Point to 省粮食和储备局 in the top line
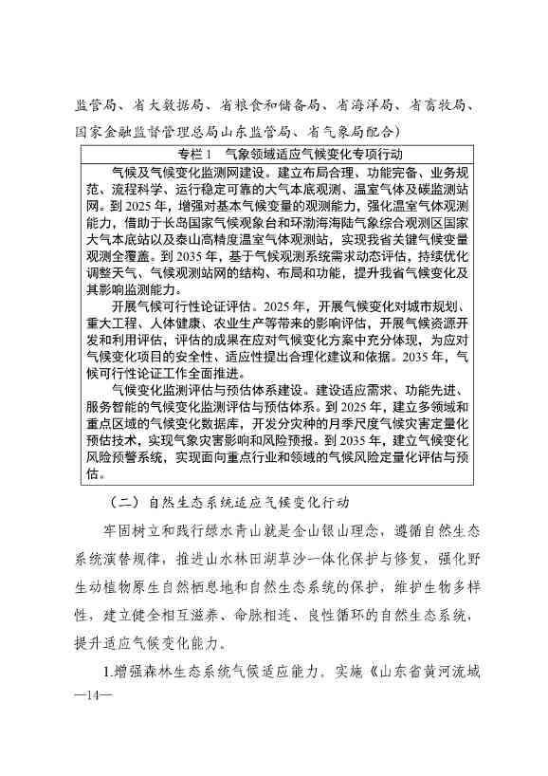tap(261, 105)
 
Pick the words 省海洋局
tap(359, 105)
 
